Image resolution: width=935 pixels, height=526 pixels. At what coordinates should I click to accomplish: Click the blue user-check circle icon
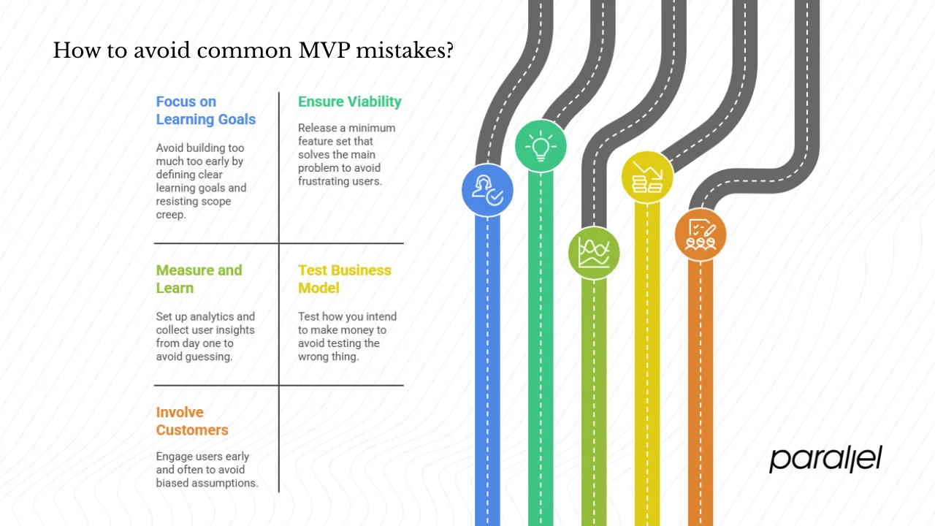[487, 191]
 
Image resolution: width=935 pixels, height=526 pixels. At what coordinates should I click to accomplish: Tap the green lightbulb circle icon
[541, 146]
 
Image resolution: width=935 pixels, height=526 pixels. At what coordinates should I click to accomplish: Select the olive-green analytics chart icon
[594, 253]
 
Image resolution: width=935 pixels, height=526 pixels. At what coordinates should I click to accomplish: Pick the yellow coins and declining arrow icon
[647, 176]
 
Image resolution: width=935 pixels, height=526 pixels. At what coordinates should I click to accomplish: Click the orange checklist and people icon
[700, 235]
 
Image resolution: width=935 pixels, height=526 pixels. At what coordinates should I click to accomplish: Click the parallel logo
[825, 460]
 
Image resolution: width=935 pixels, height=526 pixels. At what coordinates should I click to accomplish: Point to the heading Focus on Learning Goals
[205, 110]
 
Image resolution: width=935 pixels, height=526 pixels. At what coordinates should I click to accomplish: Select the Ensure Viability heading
[349, 102]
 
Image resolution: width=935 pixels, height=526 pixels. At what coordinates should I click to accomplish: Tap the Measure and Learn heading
[198, 279]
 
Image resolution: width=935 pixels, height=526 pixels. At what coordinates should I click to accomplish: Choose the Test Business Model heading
[344, 279]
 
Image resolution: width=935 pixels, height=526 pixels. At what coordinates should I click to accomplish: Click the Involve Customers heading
[192, 422]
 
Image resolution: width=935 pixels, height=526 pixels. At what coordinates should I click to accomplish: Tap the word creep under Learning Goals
[170, 214]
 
